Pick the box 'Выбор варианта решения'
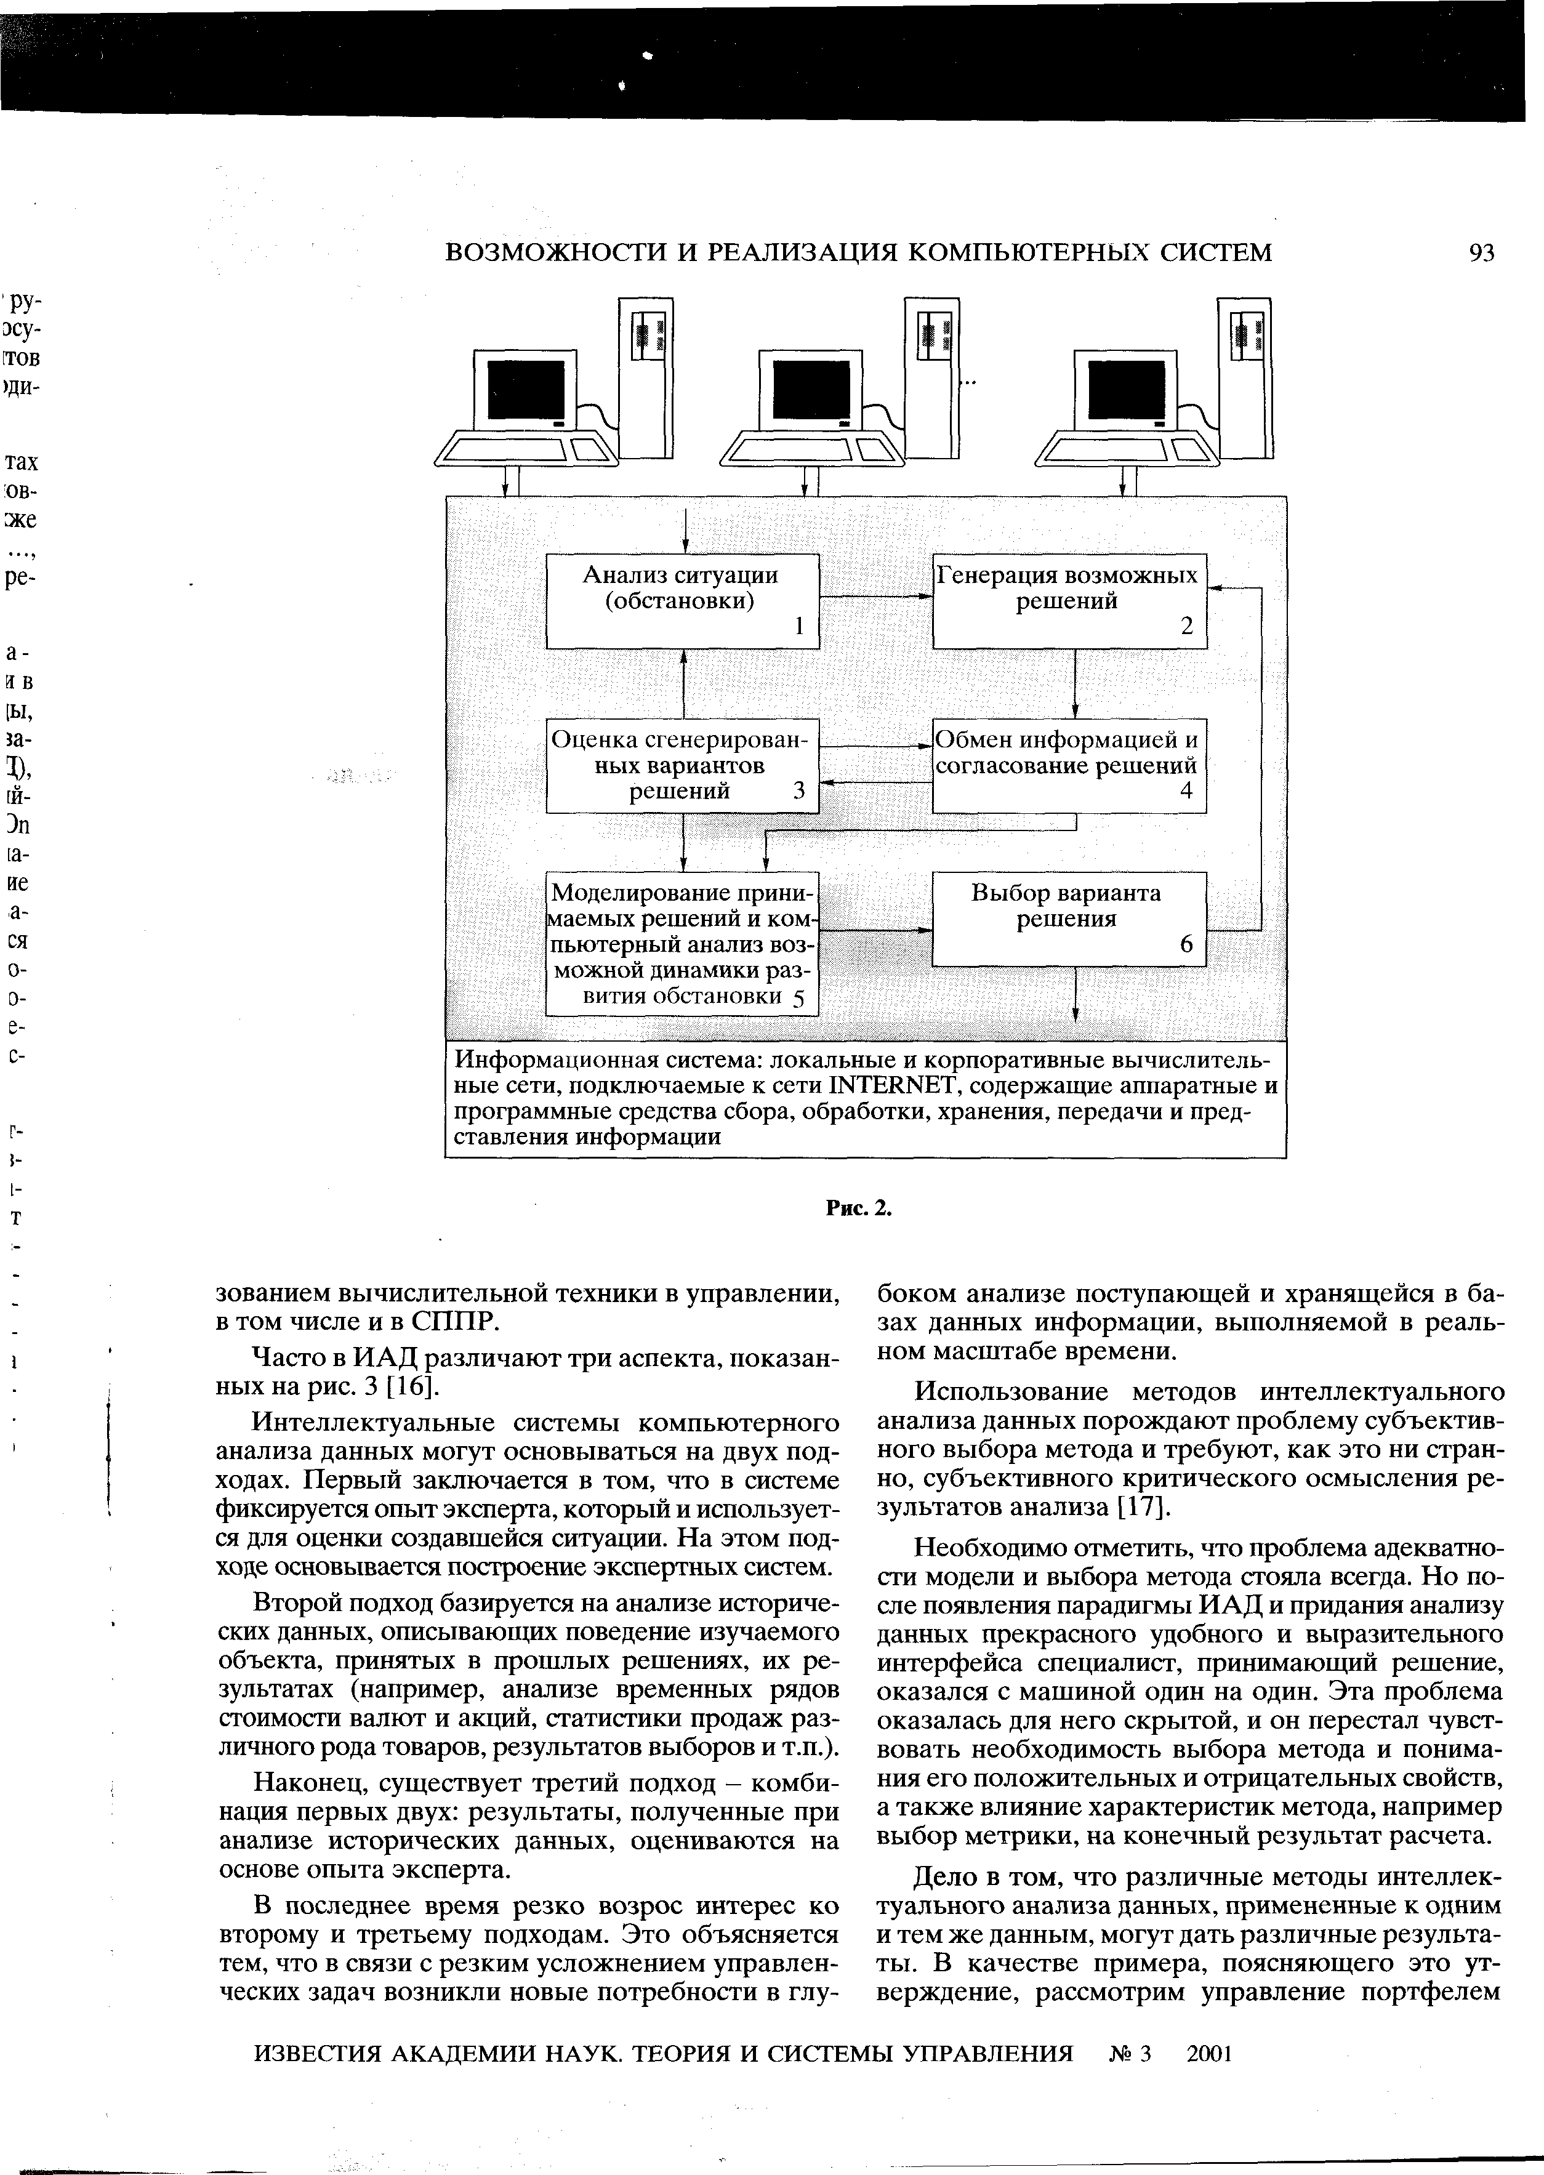[x=1069, y=919]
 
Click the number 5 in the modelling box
[x=798, y=998]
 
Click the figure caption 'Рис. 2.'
[x=859, y=1208]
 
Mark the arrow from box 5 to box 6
[x=875, y=929]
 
